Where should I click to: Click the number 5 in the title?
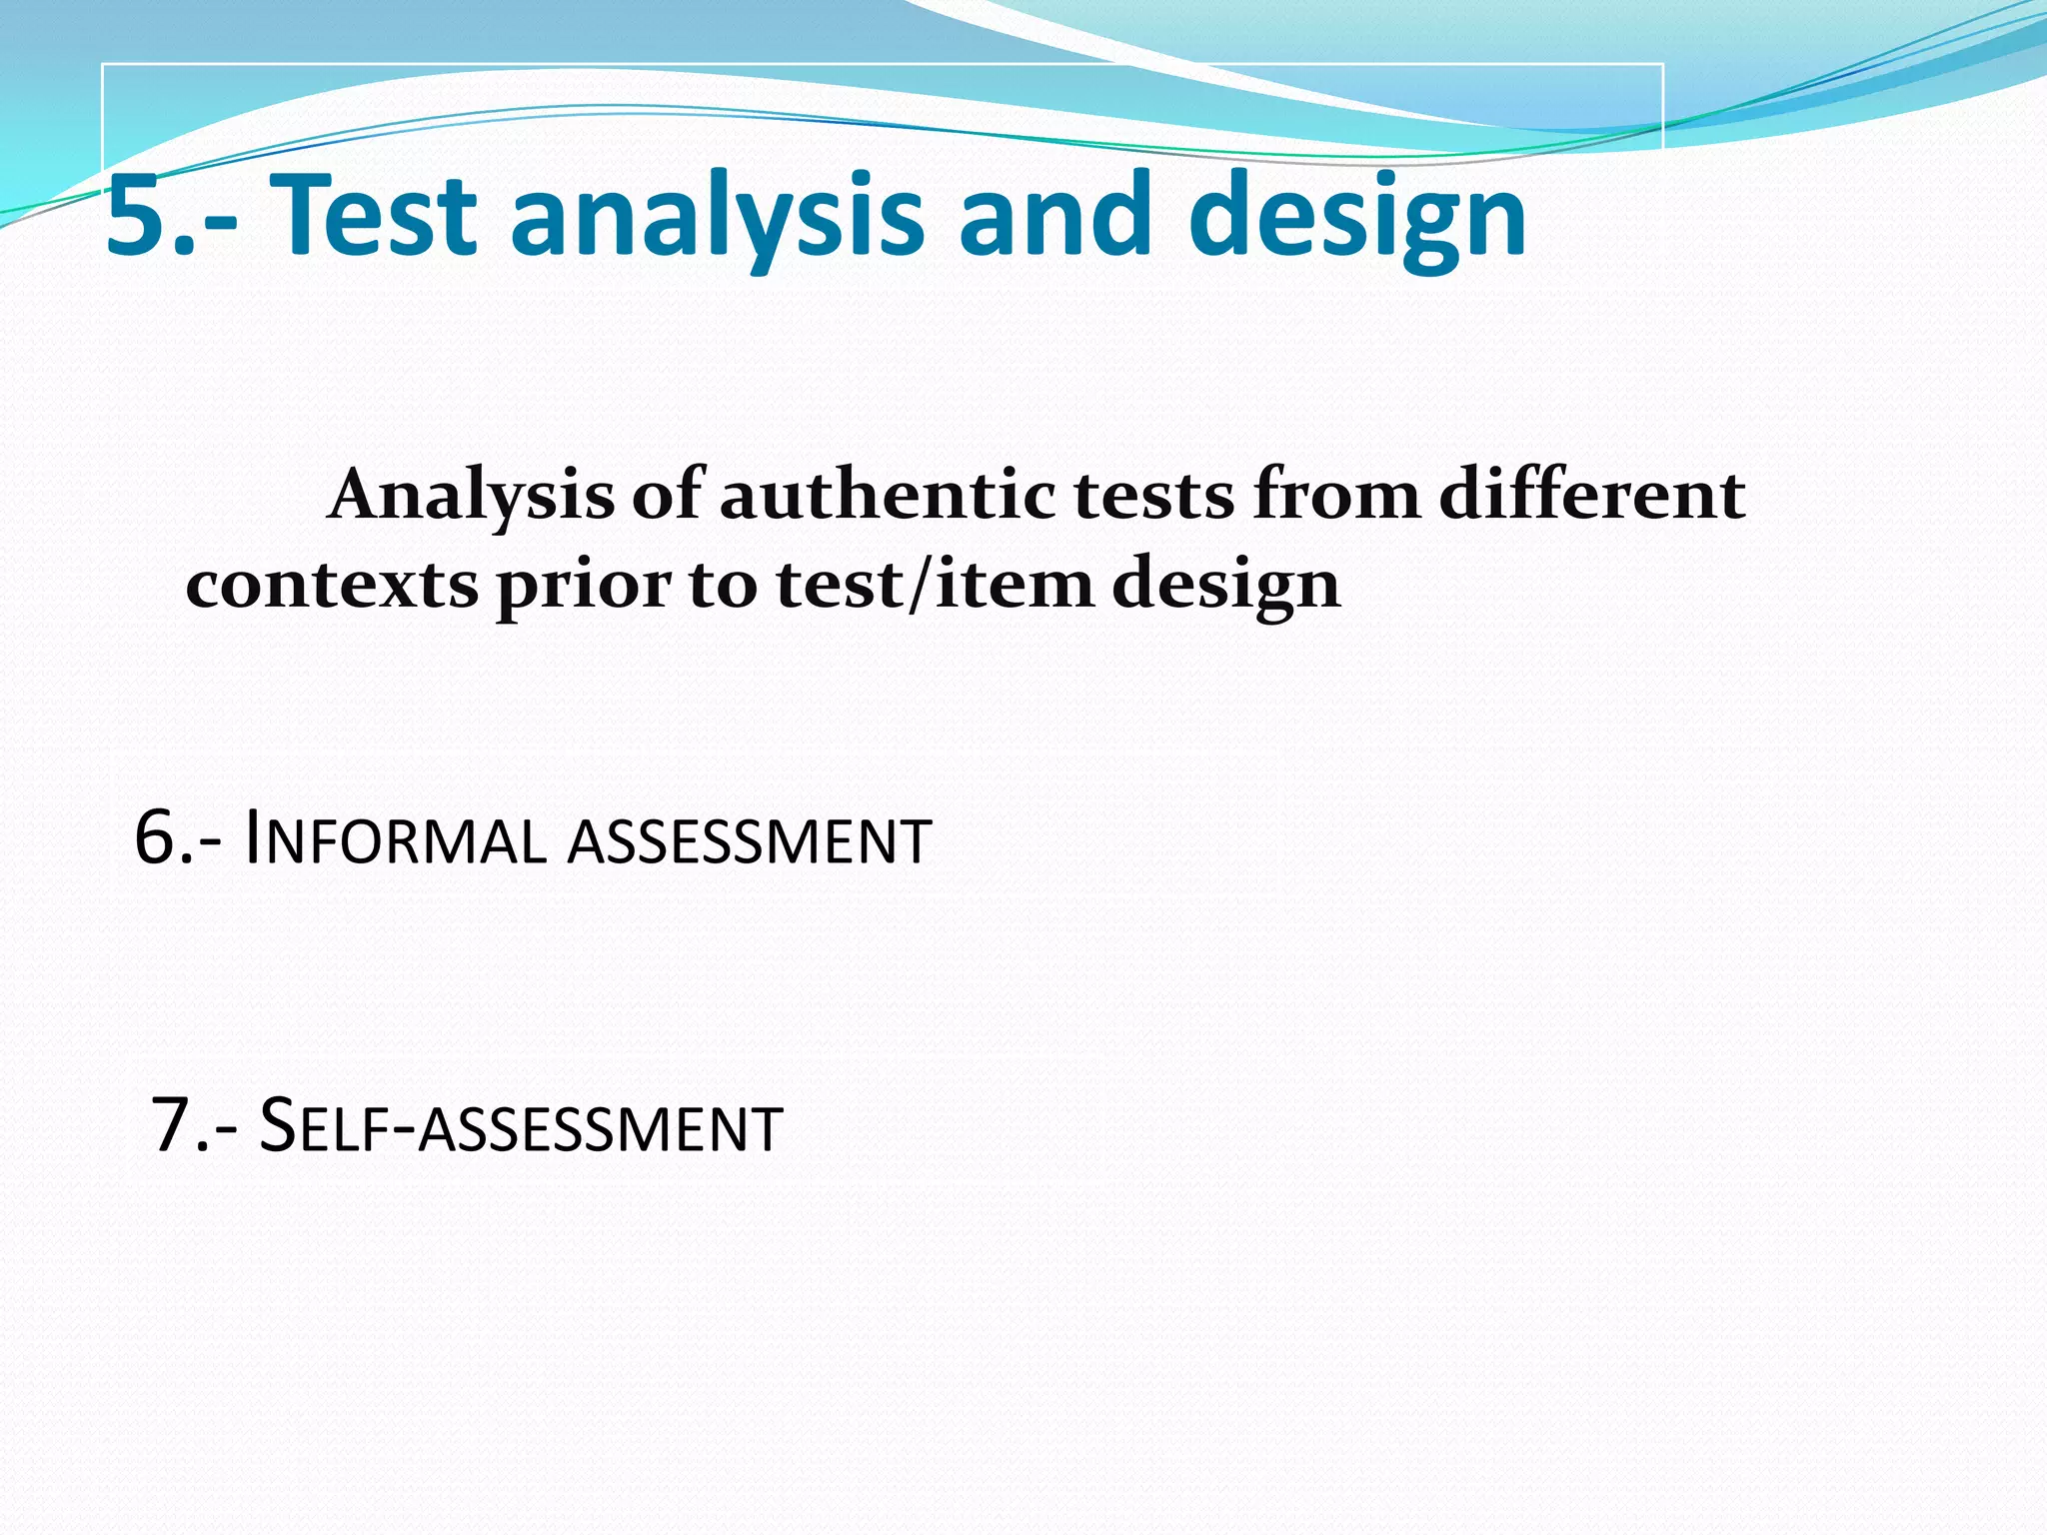[x=139, y=216]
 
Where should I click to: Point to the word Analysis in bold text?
[x=471, y=497]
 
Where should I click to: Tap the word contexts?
[x=332, y=585]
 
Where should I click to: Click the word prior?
[x=583, y=587]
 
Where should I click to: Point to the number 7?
[x=171, y=1126]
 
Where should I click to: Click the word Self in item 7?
[x=321, y=1126]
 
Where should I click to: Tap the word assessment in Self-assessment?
[x=601, y=1129]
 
